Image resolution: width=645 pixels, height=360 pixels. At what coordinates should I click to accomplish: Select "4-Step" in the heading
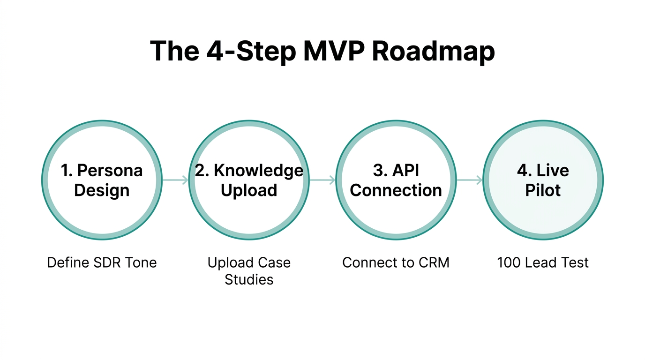pyautogui.click(x=251, y=51)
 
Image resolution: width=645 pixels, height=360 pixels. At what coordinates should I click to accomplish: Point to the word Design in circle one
pyautogui.click(x=102, y=190)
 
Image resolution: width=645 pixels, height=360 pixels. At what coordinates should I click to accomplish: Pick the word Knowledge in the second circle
pyautogui.click(x=259, y=171)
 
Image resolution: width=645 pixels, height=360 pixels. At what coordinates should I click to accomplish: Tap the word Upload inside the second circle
pyautogui.click(x=249, y=190)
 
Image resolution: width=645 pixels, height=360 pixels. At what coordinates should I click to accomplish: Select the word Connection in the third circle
pyautogui.click(x=396, y=190)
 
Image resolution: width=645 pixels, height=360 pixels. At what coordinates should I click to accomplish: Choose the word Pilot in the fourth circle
pyautogui.click(x=543, y=190)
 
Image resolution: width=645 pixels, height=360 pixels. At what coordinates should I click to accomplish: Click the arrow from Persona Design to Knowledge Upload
pyautogui.click(x=175, y=180)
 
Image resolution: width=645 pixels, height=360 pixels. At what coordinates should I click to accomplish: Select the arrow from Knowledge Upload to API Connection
pyautogui.click(x=322, y=180)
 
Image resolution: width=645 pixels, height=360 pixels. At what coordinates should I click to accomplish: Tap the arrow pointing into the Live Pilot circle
pyautogui.click(x=470, y=180)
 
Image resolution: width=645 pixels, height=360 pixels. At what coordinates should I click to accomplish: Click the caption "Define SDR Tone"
pyautogui.click(x=102, y=262)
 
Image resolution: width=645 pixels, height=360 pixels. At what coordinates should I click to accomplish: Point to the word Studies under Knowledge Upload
pyautogui.click(x=249, y=280)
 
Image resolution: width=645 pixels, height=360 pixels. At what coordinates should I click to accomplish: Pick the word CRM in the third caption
pyautogui.click(x=434, y=262)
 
